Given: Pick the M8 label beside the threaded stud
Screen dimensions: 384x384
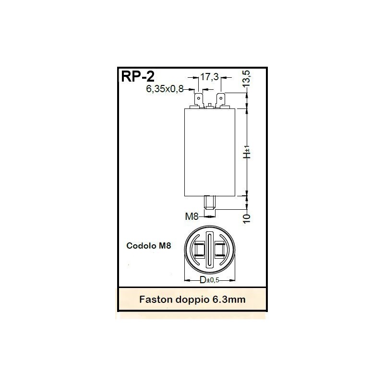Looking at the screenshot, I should click(x=192, y=216).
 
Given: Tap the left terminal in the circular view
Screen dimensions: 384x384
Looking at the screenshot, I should click(x=199, y=250).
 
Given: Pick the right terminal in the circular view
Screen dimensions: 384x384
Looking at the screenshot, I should click(x=221, y=250).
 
